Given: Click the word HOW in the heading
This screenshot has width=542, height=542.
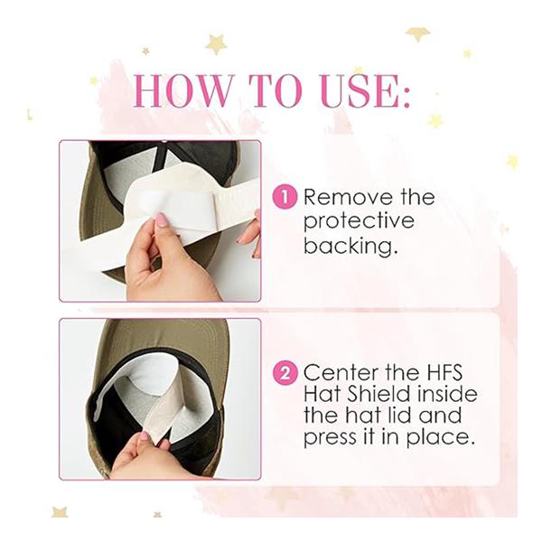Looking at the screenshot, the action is click(182, 90).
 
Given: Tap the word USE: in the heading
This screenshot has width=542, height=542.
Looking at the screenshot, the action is click(367, 90).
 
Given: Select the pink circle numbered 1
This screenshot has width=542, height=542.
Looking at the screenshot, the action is click(285, 197).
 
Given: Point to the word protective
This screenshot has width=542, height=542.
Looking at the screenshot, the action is click(359, 222).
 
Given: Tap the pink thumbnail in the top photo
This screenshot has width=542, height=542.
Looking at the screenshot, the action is click(161, 220).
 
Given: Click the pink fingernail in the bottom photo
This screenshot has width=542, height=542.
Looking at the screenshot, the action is click(144, 436).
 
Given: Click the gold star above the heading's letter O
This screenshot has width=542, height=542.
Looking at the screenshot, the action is click(216, 43).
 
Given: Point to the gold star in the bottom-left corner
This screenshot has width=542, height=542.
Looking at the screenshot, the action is click(60, 511).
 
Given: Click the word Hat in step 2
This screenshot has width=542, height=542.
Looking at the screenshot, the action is click(322, 395).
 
